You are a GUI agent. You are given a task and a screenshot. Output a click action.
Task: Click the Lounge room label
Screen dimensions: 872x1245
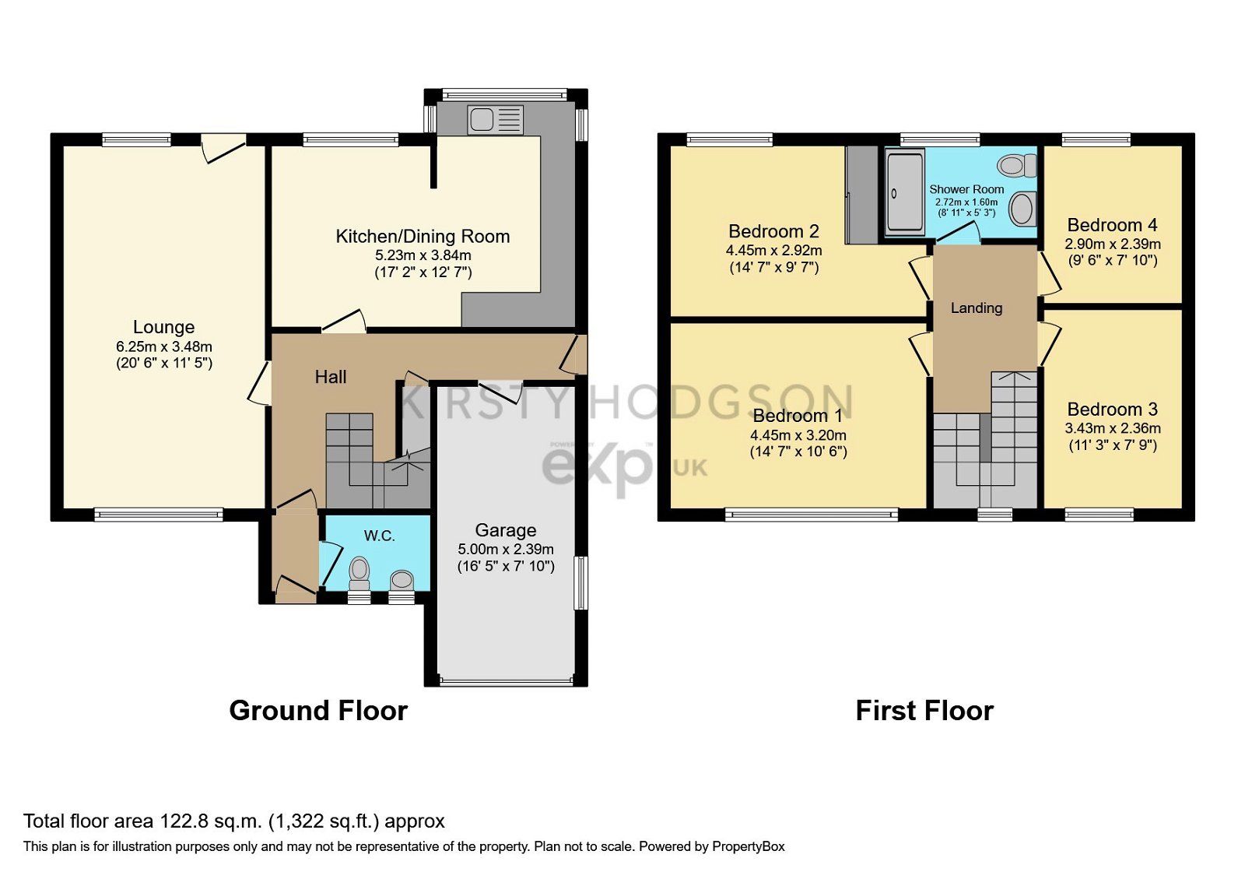point(163,327)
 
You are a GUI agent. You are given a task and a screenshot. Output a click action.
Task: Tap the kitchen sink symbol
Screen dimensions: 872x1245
point(495,121)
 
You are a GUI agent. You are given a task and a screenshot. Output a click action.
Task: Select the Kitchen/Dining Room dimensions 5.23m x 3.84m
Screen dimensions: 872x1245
point(423,255)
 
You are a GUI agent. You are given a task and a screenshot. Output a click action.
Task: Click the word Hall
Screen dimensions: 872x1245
point(331,378)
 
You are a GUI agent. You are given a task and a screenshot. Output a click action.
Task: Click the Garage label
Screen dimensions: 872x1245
point(505,530)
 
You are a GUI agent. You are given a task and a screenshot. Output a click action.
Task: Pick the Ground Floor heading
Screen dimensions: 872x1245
point(318,711)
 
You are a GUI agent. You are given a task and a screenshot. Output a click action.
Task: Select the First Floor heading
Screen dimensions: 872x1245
point(924,711)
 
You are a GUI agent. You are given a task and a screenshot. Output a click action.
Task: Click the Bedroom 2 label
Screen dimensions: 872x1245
point(773,231)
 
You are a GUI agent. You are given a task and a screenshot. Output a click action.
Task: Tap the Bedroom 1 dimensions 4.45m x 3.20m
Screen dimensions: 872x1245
point(798,435)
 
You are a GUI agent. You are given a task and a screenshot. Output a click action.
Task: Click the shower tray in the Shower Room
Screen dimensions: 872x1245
point(904,193)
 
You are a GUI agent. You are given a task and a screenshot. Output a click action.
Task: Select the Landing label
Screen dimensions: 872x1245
point(977,308)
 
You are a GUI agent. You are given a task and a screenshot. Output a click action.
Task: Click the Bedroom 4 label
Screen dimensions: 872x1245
point(1112,225)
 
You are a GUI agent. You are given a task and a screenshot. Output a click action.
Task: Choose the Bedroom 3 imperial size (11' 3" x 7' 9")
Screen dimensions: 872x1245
point(1112,445)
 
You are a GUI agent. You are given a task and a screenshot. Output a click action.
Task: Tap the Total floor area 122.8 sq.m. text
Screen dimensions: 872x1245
point(233,821)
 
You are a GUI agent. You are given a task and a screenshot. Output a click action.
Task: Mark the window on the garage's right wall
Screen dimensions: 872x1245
point(580,582)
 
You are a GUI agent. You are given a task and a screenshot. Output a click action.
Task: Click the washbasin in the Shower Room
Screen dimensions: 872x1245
point(1022,209)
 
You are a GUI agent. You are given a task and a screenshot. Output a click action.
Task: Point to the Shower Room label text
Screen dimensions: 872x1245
point(966,189)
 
